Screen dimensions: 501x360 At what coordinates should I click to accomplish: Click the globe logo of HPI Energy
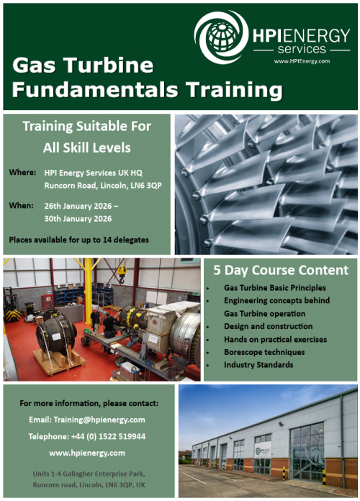(x=222, y=35)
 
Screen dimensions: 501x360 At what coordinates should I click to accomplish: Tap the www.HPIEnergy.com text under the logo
(x=302, y=61)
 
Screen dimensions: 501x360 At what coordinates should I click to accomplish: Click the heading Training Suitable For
(x=86, y=127)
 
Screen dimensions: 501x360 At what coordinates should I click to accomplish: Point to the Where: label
(x=22, y=173)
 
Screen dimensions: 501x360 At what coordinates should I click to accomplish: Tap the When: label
(x=22, y=205)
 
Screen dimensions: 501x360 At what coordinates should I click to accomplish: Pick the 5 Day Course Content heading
(x=281, y=271)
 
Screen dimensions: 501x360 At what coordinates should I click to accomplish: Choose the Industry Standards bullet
(x=258, y=365)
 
